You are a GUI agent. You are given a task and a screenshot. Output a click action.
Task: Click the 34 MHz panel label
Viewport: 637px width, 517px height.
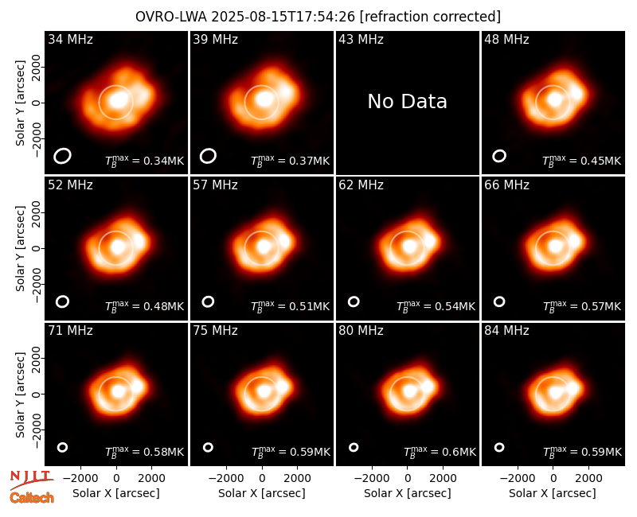[x=70, y=39]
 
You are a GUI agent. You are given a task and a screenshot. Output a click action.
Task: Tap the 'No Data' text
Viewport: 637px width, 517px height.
[x=407, y=102]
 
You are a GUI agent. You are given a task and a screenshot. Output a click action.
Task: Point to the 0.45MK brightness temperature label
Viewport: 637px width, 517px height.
[x=582, y=161]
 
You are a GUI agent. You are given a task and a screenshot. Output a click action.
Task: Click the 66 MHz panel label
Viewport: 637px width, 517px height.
[x=506, y=185]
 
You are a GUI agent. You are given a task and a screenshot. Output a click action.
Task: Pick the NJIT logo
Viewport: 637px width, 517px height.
[x=31, y=479]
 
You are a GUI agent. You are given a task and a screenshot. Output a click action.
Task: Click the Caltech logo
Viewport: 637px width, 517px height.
[x=32, y=498]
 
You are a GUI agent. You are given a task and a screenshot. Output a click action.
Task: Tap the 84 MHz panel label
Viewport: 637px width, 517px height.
[x=506, y=331]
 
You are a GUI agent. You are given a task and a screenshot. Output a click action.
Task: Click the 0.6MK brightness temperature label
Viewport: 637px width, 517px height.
[x=440, y=452]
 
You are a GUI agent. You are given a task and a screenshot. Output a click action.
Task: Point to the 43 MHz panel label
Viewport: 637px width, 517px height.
[x=361, y=39]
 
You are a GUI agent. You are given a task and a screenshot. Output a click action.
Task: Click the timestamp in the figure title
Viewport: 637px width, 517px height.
[x=283, y=17]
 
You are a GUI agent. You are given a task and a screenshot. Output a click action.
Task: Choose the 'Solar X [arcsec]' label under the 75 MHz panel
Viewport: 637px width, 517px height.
[x=262, y=493]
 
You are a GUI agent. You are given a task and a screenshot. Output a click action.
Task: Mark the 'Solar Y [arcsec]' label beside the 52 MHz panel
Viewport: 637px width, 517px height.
[x=20, y=248]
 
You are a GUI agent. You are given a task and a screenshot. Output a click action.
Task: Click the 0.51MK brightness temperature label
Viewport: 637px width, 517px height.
[x=290, y=306]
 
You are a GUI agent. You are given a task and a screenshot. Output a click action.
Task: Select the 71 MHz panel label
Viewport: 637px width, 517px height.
[x=70, y=331]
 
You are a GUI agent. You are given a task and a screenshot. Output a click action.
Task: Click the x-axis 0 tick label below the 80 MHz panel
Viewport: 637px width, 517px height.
[x=408, y=479]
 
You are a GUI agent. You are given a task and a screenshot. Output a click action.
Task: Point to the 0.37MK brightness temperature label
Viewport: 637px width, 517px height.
[x=290, y=161]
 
